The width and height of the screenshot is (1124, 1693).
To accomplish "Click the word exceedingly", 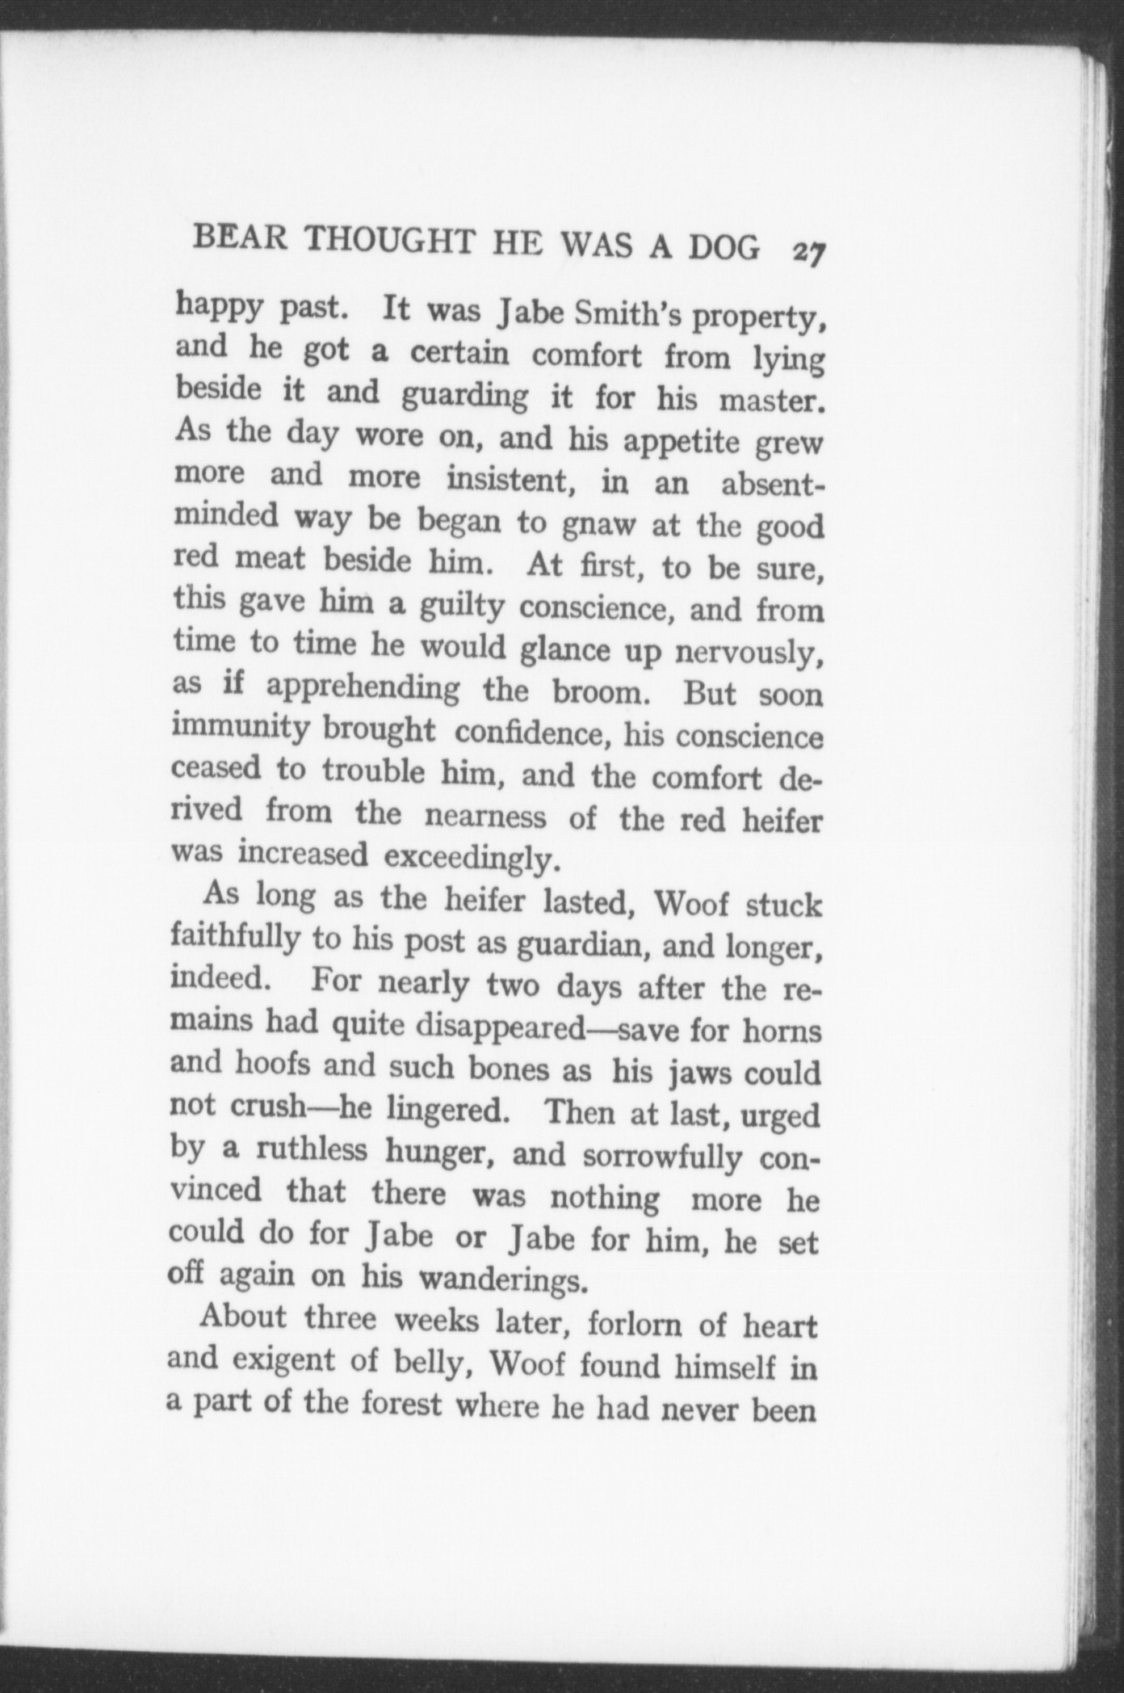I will point(472,858).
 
